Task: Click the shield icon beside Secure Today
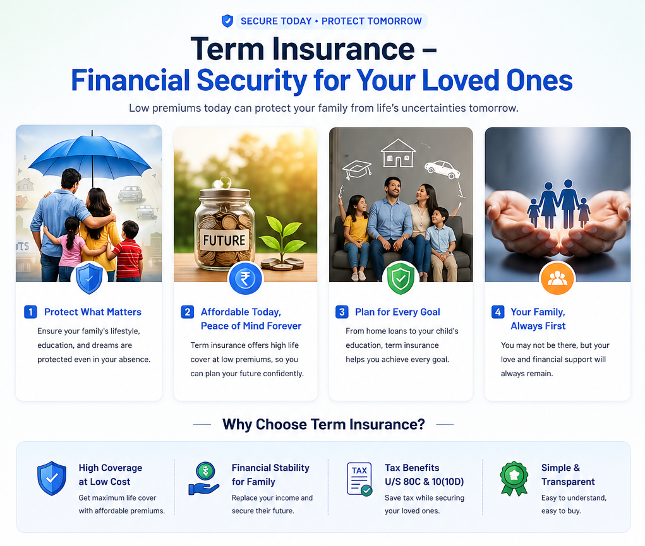(227, 21)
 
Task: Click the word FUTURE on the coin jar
(224, 240)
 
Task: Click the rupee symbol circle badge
(244, 279)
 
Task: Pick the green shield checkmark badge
(401, 278)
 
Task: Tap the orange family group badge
(557, 278)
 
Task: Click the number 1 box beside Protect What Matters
(30, 312)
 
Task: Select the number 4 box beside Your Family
(498, 312)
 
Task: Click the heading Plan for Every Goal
(397, 312)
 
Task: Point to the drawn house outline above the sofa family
(398, 153)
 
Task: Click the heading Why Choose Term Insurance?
(323, 424)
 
